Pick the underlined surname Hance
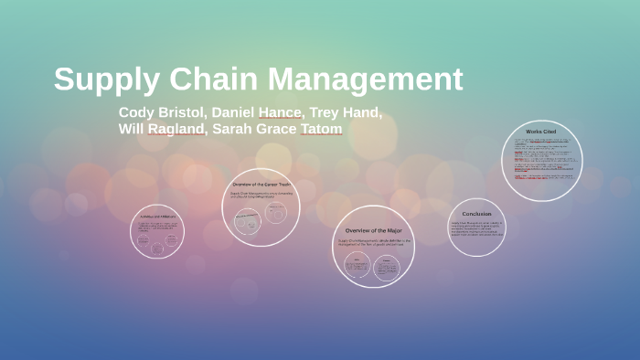(280, 112)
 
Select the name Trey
(325, 112)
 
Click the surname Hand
(364, 112)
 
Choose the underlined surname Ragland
(177, 129)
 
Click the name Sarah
(233, 129)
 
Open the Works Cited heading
(542, 132)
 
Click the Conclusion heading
(476, 214)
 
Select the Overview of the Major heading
(373, 230)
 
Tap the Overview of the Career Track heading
(261, 185)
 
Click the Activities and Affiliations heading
(157, 217)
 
